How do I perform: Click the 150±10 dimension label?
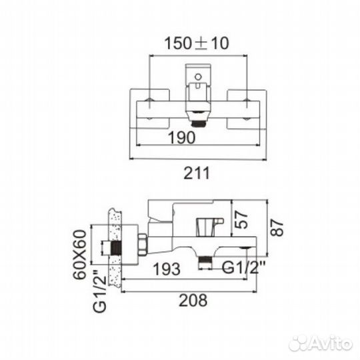197,43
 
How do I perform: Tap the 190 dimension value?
181,137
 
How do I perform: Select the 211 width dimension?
197,173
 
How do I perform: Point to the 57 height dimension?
242,220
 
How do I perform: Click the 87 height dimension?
277,227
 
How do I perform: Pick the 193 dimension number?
167,269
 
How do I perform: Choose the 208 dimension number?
193,300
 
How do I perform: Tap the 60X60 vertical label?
80,254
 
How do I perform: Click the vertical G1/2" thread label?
99,291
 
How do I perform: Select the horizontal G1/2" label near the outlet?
243,267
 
